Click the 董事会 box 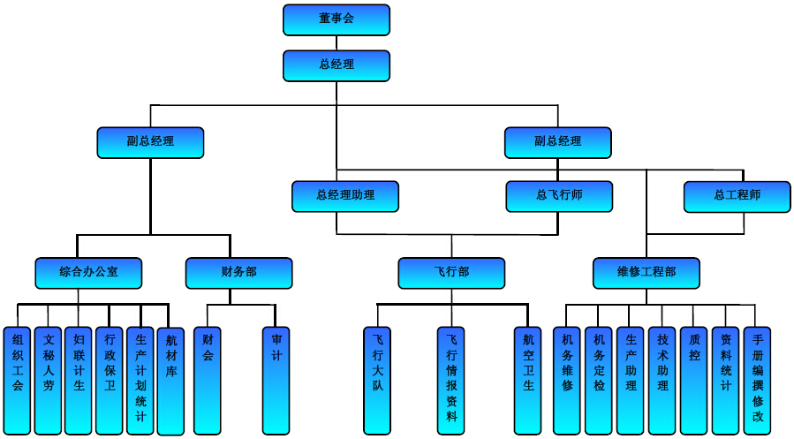tap(336, 19)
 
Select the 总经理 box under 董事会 tap(336, 65)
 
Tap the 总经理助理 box tap(345, 196)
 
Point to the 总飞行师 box tap(559, 196)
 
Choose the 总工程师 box tap(737, 196)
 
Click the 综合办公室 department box tap(88, 273)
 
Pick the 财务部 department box tap(238, 273)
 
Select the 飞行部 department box tap(451, 273)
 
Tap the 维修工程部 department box tap(647, 273)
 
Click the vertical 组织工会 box tap(18, 380)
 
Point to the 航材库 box tap(171, 380)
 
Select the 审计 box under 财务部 tap(276, 380)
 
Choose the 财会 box tap(208, 380)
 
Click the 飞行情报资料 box tap(451, 380)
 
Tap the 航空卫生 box tap(528, 380)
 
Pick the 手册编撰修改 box tap(757, 380)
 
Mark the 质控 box tap(693, 380)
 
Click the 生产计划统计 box tap(140, 380)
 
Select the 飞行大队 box tap(377, 380)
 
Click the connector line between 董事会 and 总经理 tap(336, 42)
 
